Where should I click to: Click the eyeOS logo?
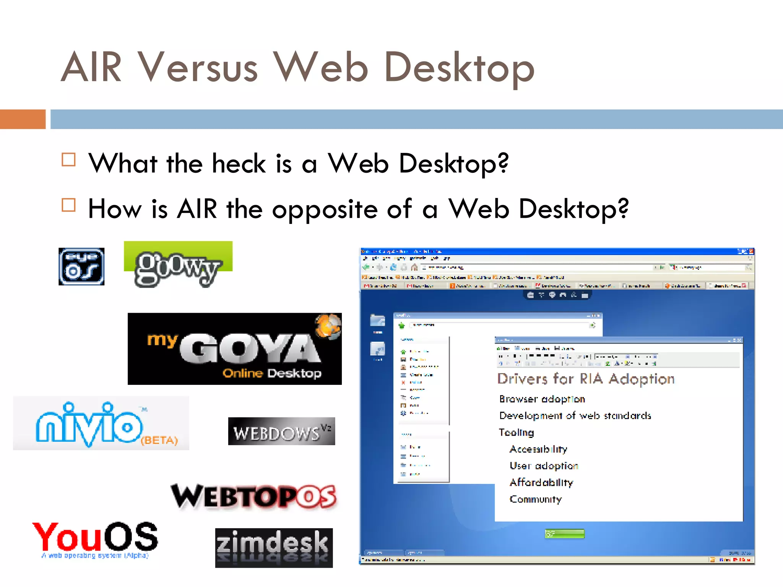click(x=81, y=266)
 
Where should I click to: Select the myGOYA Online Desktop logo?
click(x=234, y=349)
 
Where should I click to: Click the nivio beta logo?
click(x=101, y=423)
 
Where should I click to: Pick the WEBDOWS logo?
click(x=281, y=431)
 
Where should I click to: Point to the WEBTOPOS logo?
click(x=254, y=496)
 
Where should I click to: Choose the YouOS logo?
click(x=95, y=539)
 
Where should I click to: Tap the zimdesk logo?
click(x=274, y=548)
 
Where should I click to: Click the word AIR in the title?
click(x=91, y=68)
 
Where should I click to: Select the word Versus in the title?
click(x=198, y=68)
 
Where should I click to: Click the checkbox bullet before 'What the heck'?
click(x=69, y=160)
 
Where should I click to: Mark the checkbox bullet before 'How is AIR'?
click(x=69, y=205)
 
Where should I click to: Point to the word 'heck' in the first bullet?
click(x=239, y=164)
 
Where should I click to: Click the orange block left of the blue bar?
click(x=23, y=119)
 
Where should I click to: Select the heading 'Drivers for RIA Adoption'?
click(x=586, y=379)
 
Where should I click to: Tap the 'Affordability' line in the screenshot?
click(x=541, y=483)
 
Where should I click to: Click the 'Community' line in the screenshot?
click(x=536, y=499)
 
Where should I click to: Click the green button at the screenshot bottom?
click(x=565, y=533)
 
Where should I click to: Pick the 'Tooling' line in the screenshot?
click(x=517, y=433)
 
